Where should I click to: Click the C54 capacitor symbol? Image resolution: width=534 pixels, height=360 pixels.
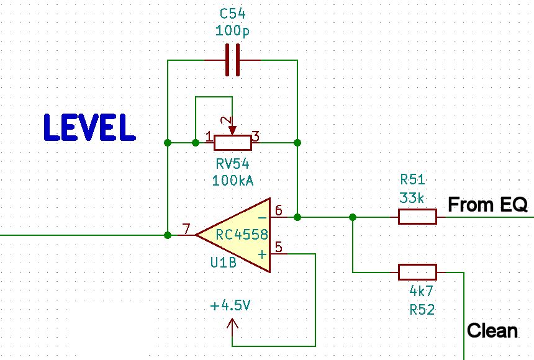coord(232,60)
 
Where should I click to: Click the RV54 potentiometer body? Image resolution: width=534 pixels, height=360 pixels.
coord(232,143)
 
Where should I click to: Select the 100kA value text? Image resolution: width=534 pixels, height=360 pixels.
coord(232,181)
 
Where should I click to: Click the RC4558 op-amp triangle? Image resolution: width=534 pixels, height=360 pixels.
coord(239,235)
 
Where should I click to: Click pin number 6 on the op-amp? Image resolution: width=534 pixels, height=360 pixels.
coord(278,211)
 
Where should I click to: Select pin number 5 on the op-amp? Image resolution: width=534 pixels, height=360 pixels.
coord(278,247)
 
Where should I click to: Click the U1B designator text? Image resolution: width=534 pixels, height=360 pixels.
coord(224,263)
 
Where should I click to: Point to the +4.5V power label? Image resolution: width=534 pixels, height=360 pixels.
coord(231,306)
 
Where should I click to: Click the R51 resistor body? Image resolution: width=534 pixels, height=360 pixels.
coord(417,217)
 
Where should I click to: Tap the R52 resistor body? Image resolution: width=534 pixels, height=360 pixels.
coord(417,272)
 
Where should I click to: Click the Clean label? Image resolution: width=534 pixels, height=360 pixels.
coord(492,330)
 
